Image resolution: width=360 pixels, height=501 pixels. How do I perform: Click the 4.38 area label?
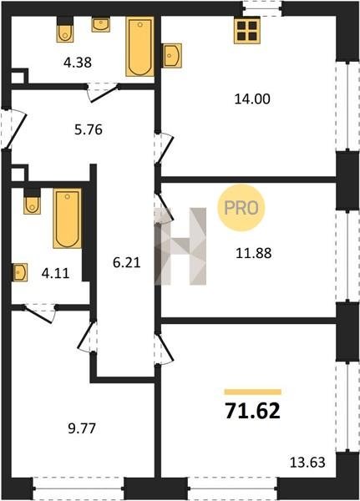[78, 63]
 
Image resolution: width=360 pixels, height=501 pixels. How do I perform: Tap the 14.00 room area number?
[252, 99]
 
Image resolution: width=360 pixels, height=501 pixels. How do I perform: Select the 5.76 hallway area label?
[89, 129]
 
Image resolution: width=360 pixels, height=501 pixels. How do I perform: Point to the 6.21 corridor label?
[127, 263]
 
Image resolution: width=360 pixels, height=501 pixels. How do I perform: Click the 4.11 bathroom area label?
[56, 273]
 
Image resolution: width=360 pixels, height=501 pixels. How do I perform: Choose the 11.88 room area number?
[254, 253]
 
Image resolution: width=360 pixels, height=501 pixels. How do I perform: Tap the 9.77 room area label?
[82, 428]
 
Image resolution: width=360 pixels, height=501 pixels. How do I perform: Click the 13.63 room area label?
[307, 462]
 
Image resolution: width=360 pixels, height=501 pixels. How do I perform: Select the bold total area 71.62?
[252, 411]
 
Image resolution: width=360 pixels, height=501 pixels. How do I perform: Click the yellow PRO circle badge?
[241, 208]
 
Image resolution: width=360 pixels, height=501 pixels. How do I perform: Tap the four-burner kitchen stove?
[246, 30]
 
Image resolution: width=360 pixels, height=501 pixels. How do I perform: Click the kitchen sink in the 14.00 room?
[172, 56]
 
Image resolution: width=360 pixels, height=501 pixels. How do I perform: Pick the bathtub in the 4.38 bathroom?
[139, 47]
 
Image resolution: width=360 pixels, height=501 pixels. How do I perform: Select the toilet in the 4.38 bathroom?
[65, 29]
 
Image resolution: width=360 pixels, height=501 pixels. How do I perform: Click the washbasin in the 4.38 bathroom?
[101, 24]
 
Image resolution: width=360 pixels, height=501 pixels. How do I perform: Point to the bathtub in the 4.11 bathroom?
[67, 219]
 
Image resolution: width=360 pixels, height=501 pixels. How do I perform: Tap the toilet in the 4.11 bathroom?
[32, 201]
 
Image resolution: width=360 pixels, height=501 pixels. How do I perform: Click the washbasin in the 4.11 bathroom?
[20, 272]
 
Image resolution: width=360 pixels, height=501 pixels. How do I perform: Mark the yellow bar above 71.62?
[252, 392]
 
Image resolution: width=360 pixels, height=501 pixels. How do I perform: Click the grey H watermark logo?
[180, 246]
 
